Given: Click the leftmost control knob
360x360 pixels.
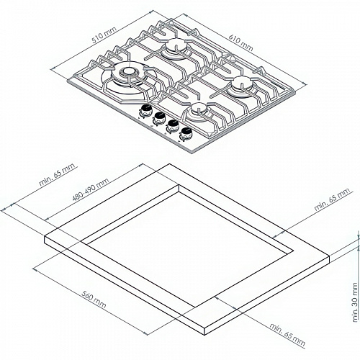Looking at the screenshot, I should [145, 111].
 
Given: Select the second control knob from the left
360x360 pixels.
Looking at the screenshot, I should [159, 117].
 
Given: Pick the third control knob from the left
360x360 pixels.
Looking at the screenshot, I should [173, 124].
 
